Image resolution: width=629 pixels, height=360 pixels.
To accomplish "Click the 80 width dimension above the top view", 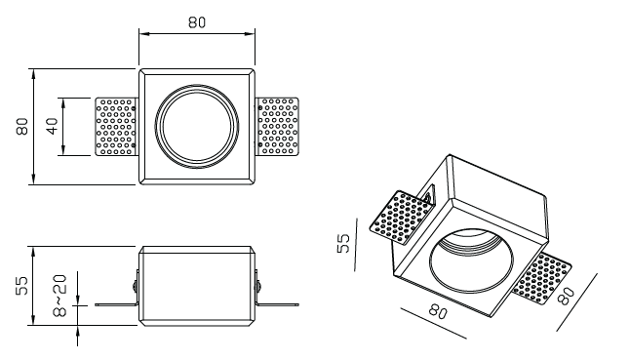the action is click(x=197, y=22).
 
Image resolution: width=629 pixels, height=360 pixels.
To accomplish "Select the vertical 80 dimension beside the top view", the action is click(x=22, y=126).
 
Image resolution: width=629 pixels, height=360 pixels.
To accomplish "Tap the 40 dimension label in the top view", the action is click(x=52, y=126).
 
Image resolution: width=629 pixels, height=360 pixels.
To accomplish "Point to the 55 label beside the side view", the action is click(x=22, y=285).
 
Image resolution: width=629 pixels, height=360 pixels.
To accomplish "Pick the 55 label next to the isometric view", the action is click(x=343, y=243).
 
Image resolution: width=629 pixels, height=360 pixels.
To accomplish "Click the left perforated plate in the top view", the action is click(x=115, y=127).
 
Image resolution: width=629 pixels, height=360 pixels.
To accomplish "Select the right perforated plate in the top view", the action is click(x=278, y=127).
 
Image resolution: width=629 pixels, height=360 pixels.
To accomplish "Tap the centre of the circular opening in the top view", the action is click(x=197, y=127).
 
